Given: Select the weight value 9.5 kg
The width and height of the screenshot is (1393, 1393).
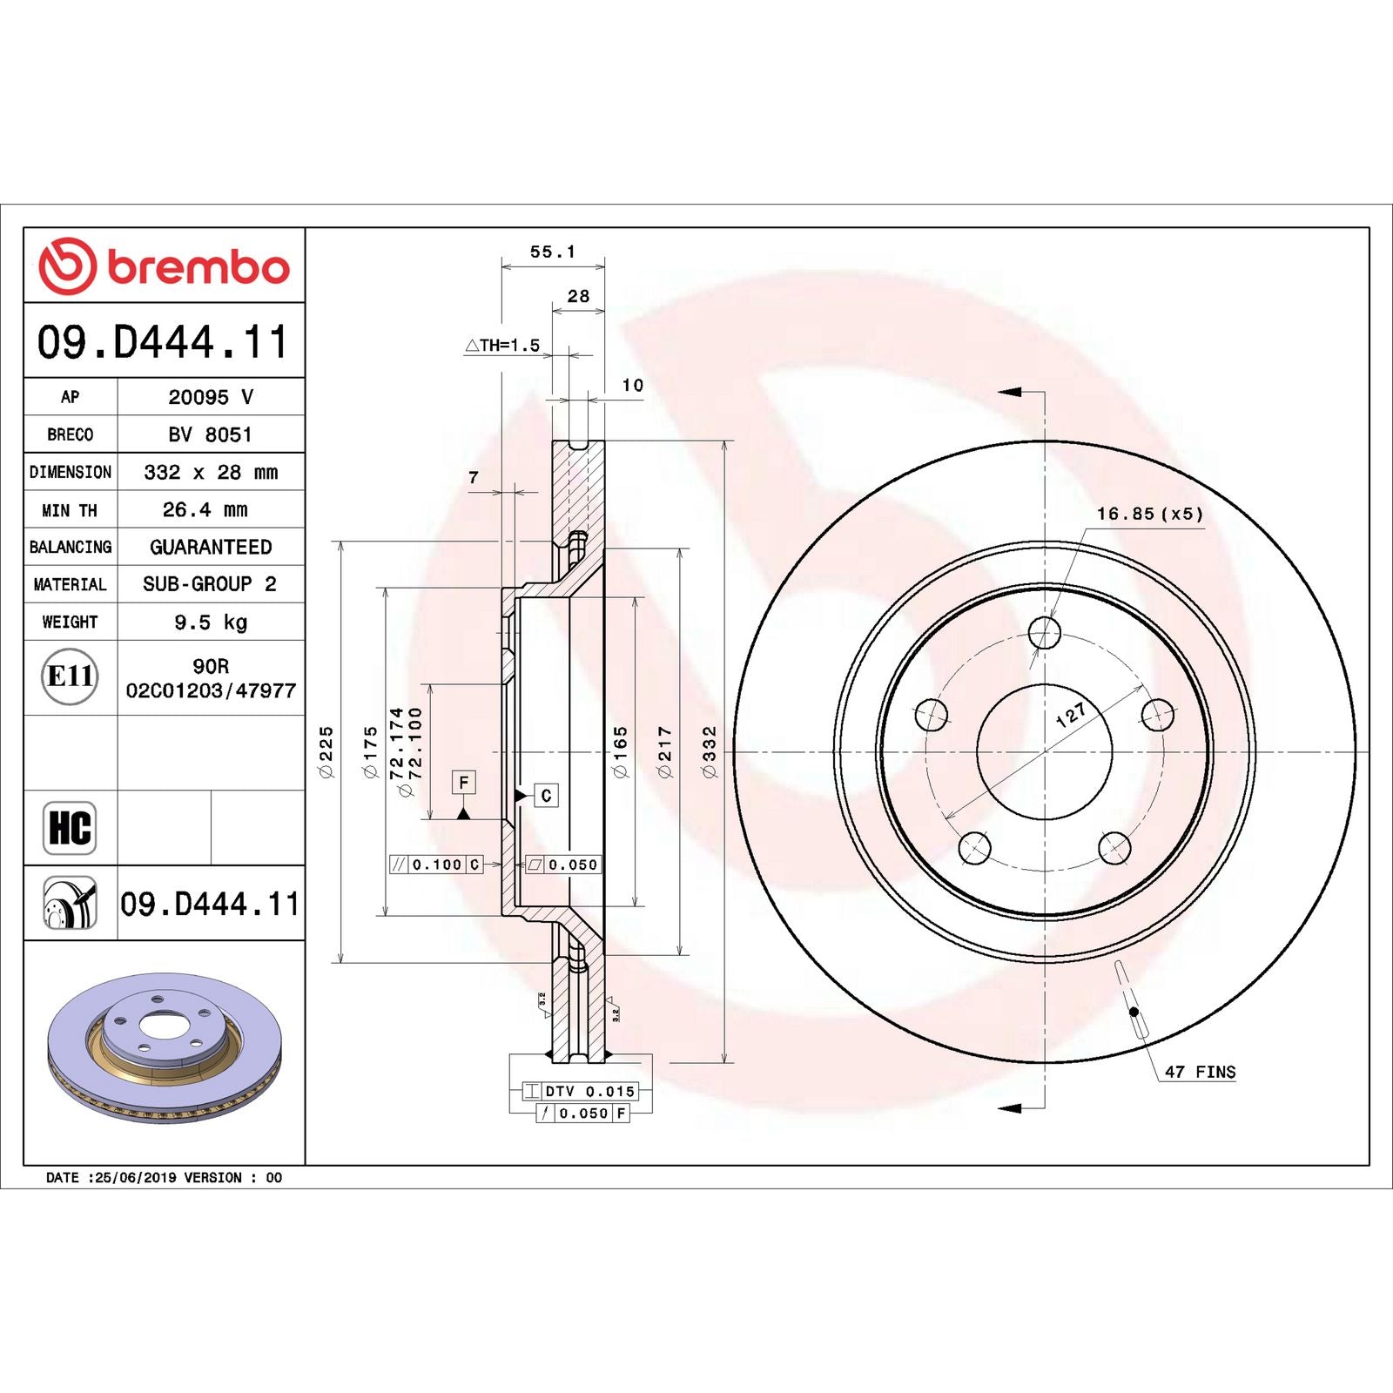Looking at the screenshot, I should tap(211, 622).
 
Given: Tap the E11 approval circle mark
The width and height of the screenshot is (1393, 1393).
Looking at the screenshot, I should tap(70, 676).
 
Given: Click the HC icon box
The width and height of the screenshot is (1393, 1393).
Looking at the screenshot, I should tap(70, 827).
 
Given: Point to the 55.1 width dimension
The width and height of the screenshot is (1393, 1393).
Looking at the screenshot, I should tap(552, 252).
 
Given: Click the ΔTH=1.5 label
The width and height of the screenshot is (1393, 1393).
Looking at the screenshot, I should tap(502, 345).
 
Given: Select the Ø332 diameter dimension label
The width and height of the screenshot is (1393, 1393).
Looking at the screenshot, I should tap(710, 751).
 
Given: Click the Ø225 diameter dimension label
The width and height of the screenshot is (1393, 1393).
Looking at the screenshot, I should tap(326, 751).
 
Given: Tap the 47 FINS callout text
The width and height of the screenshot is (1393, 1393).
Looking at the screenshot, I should tap(1200, 1072).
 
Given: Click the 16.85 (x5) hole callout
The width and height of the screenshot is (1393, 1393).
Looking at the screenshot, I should tap(1149, 514).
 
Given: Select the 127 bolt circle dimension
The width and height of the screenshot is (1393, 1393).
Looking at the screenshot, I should tap(1071, 714).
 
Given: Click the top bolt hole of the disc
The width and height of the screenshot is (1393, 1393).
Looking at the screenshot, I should tap(1044, 632).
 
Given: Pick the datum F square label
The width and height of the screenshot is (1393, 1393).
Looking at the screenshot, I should tap(463, 782).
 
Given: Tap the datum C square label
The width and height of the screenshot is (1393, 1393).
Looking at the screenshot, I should tap(546, 795).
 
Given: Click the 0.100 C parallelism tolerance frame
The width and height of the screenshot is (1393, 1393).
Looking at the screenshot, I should tap(436, 865).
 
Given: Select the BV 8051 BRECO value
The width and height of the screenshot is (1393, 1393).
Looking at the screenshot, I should tap(211, 434).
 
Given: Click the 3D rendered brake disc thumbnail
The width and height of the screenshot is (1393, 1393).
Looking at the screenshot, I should tap(165, 1047).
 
